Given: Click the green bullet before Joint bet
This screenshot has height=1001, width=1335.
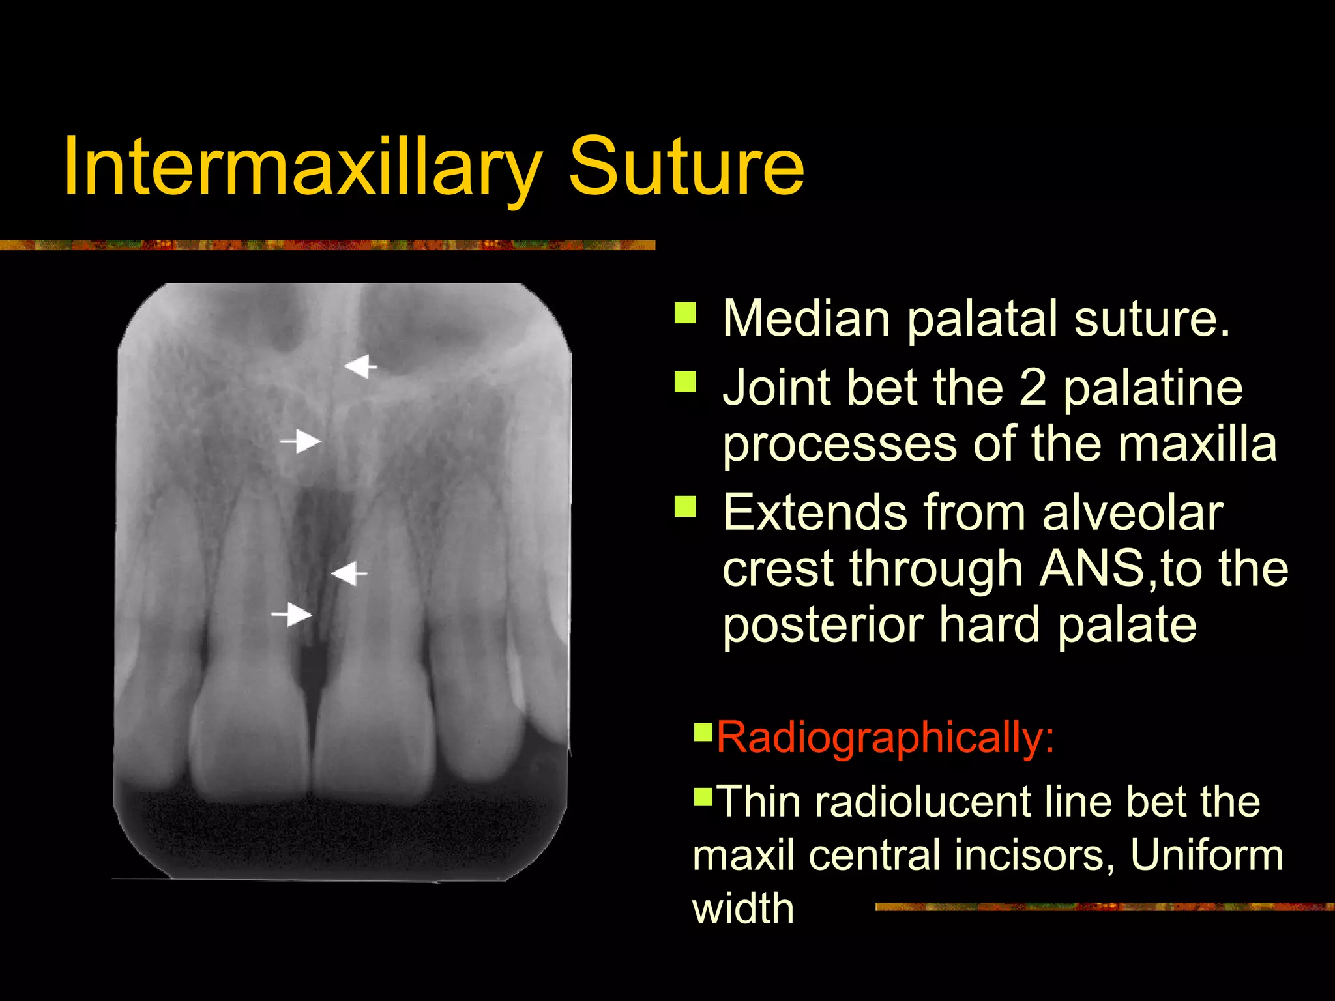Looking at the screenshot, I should [685, 381].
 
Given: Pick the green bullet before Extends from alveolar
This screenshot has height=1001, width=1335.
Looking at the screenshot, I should [685, 506].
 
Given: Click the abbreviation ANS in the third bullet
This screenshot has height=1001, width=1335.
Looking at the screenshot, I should [1091, 568].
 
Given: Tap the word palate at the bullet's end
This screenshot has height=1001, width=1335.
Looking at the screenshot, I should [1127, 626].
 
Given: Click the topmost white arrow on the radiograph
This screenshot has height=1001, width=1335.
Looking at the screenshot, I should [360, 366].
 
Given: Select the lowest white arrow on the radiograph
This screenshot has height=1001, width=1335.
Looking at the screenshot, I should [292, 615].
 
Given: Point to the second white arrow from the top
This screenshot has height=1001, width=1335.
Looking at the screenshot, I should [301, 441].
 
